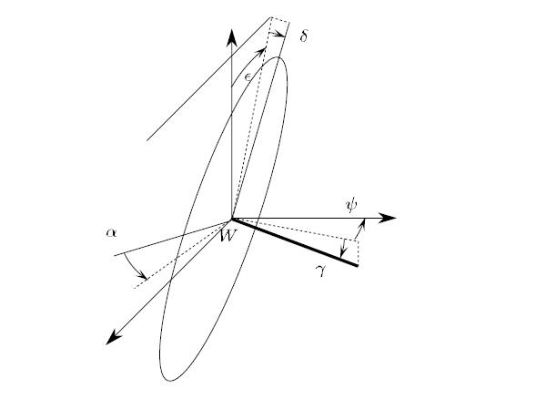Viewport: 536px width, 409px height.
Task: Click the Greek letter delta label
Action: tap(304, 36)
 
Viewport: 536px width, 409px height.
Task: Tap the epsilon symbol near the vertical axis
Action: tap(248, 77)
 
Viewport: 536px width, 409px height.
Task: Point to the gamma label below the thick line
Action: tap(320, 271)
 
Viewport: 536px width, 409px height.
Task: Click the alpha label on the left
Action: tap(111, 233)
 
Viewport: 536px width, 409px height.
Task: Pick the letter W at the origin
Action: tap(228, 236)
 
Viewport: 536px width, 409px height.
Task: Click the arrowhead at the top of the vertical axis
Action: tap(232, 37)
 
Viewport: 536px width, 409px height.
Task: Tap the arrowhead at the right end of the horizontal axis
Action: tap(388, 218)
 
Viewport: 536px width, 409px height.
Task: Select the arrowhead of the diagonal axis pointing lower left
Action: tap(113, 338)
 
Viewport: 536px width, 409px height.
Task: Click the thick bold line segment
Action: tap(295, 242)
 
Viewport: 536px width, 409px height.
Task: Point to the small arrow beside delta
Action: tap(277, 34)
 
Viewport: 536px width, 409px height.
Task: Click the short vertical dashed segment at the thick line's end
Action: tap(358, 252)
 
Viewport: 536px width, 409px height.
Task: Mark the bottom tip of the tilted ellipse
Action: tap(169, 381)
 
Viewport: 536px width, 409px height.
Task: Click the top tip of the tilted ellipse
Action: tap(279, 57)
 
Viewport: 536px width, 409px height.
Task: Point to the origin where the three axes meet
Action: tap(232, 218)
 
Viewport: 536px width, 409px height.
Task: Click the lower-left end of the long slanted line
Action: tap(147, 140)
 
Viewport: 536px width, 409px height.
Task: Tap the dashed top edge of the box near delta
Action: tap(280, 20)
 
